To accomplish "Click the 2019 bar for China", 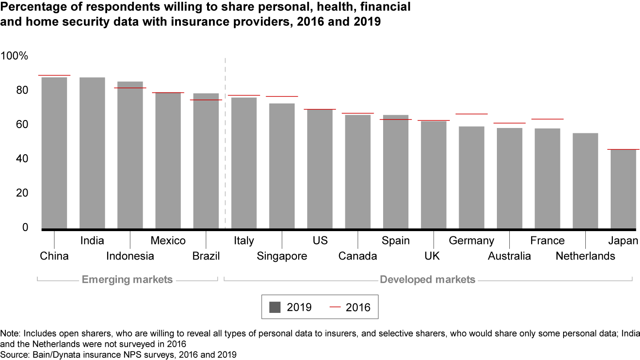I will point(54,153).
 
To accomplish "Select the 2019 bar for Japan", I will point(623,189).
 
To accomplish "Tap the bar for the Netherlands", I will point(585,181).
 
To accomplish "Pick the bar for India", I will point(92,153).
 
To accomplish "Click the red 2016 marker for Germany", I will point(472,114).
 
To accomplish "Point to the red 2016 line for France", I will point(547,119).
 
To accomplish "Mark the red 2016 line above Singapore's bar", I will point(282,96).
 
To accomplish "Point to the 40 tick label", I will point(20,159).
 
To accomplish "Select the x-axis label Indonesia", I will point(130,256).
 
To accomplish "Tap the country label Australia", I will point(509,256).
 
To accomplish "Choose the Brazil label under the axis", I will point(206,256).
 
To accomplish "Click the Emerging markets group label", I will point(127,280).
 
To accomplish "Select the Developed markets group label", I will point(428,280).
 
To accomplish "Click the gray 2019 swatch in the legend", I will point(275,307).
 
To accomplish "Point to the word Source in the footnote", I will point(13,354).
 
